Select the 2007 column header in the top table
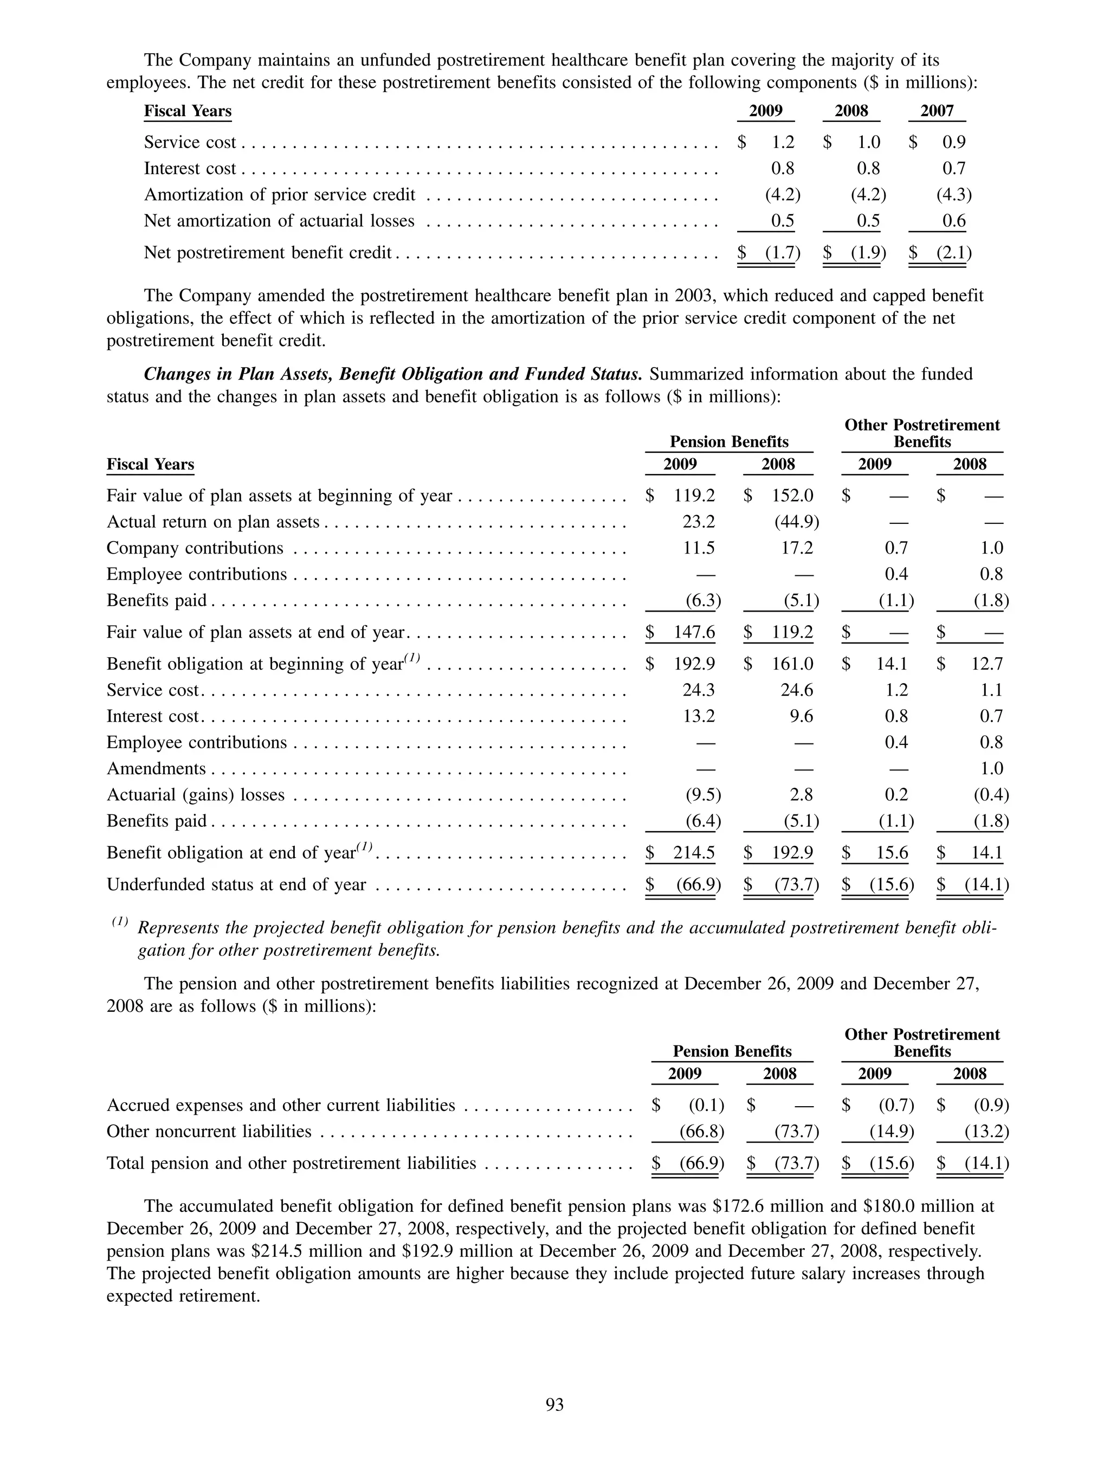pyautogui.click(x=937, y=111)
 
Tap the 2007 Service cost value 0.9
pyautogui.click(x=954, y=142)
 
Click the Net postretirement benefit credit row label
pyautogui.click(x=268, y=253)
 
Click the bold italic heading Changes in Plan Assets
pyautogui.click(x=392, y=374)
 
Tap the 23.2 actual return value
pyautogui.click(x=699, y=522)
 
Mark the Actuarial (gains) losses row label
pyautogui.click(x=195, y=795)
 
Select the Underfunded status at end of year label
pyautogui.click(x=236, y=885)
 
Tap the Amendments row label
pyautogui.click(x=156, y=768)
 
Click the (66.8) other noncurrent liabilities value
pyautogui.click(x=702, y=1131)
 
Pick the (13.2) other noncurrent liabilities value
pyautogui.click(x=986, y=1131)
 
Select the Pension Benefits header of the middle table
pyautogui.click(x=729, y=441)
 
